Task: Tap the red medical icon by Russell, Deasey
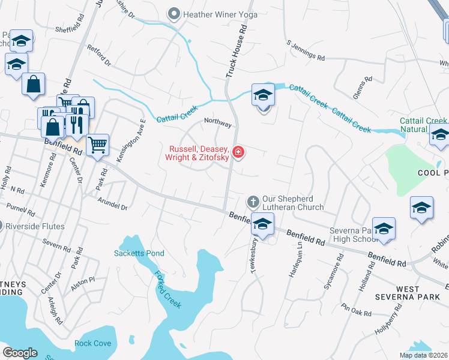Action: [239, 152]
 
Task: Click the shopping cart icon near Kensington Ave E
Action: [97, 144]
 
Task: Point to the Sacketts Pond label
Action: [139, 253]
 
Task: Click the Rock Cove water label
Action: [92, 343]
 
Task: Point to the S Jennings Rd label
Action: [306, 52]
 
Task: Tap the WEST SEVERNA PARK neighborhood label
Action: [408, 293]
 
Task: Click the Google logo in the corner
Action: [20, 352]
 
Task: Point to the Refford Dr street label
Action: [99, 55]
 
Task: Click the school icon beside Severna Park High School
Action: [384, 229]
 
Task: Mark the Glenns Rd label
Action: [359, 90]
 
